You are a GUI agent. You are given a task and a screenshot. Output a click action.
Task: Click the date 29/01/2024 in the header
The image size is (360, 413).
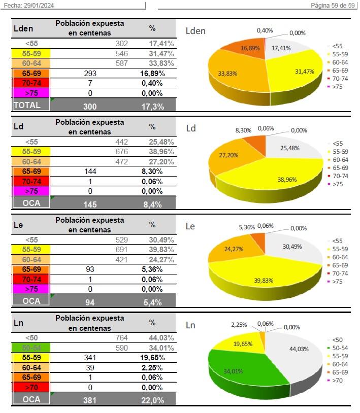coord(40,5)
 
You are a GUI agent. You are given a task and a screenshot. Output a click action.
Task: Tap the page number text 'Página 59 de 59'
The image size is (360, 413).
coord(333,5)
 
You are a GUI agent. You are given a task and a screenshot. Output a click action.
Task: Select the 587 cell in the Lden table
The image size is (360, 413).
coord(121,63)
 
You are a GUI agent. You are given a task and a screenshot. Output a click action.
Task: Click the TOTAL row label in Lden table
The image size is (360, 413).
coord(27,105)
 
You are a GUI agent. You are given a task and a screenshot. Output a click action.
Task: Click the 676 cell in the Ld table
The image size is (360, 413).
coord(121,152)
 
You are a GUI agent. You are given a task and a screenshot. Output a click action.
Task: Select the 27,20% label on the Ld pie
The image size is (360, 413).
coord(229,155)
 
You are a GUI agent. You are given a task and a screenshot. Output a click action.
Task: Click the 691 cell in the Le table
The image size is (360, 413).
coord(121,250)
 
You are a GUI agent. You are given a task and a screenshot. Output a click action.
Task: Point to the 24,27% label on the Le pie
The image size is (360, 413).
coord(234,249)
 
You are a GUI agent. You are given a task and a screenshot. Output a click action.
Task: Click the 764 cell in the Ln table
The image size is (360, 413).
coord(121,338)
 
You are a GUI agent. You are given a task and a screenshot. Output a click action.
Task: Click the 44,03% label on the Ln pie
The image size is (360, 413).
coord(299,349)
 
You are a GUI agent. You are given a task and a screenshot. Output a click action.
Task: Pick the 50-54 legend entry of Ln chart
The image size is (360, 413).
coord(340,348)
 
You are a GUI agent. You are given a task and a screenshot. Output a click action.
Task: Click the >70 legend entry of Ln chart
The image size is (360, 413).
coord(337,380)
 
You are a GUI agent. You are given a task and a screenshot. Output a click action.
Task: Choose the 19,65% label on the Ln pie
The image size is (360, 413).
coord(243,343)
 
